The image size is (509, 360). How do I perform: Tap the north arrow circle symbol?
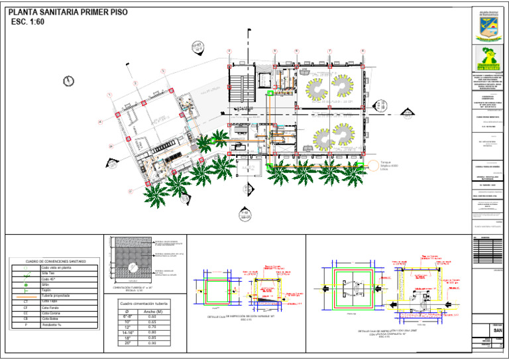[x=68, y=81]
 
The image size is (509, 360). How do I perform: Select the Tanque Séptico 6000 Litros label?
[x=392, y=166]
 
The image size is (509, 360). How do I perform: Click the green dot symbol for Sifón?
[x=25, y=284]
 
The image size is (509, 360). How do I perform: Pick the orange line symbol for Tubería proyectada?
[x=25, y=296]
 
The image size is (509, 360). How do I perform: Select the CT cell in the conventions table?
[x=25, y=302]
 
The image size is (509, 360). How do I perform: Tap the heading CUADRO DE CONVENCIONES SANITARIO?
[x=56, y=262]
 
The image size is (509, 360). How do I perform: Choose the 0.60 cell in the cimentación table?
[x=153, y=317]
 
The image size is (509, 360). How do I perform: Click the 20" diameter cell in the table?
[x=127, y=343]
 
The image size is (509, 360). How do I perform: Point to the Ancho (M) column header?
[x=153, y=311]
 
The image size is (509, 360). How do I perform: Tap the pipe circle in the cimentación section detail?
[x=133, y=267]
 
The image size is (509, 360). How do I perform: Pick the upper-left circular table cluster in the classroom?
[x=315, y=88]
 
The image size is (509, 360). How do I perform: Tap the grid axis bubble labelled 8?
[x=363, y=51]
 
